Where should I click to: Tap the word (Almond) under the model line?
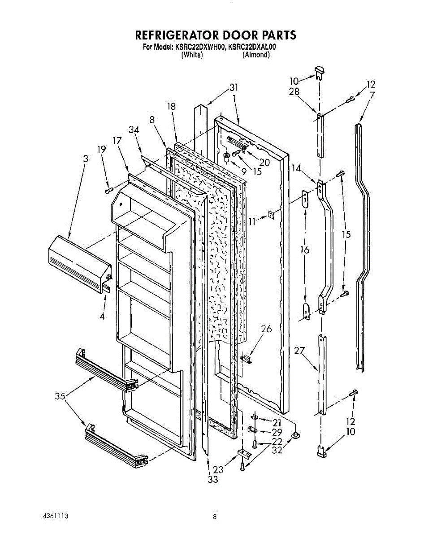tap(256, 55)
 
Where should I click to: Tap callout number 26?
tap(266, 329)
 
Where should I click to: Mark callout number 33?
tap(212, 479)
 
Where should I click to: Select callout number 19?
tap(102, 150)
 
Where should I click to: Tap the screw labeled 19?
tap(108, 191)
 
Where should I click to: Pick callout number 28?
tap(294, 92)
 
